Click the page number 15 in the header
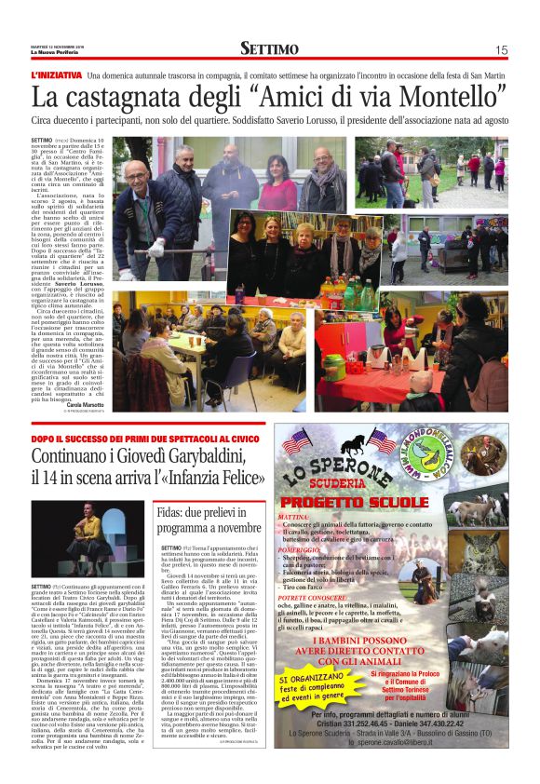tap(501, 50)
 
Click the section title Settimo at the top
tap(269, 49)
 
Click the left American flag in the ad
tap(297, 441)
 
